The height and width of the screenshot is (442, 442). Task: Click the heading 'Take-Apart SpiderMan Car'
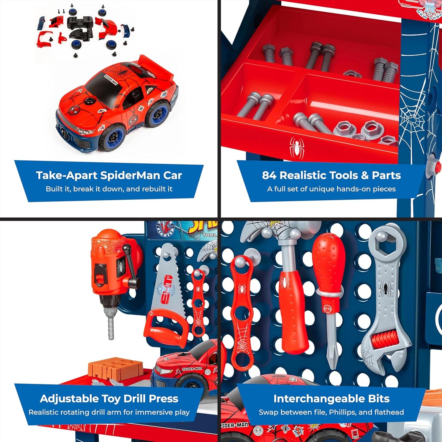point(109,175)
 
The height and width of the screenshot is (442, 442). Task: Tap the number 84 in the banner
point(269,175)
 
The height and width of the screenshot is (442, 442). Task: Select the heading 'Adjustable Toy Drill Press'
point(109,399)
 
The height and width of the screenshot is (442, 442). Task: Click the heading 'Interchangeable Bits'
point(331,399)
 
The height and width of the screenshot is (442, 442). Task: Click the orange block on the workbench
point(116,369)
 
